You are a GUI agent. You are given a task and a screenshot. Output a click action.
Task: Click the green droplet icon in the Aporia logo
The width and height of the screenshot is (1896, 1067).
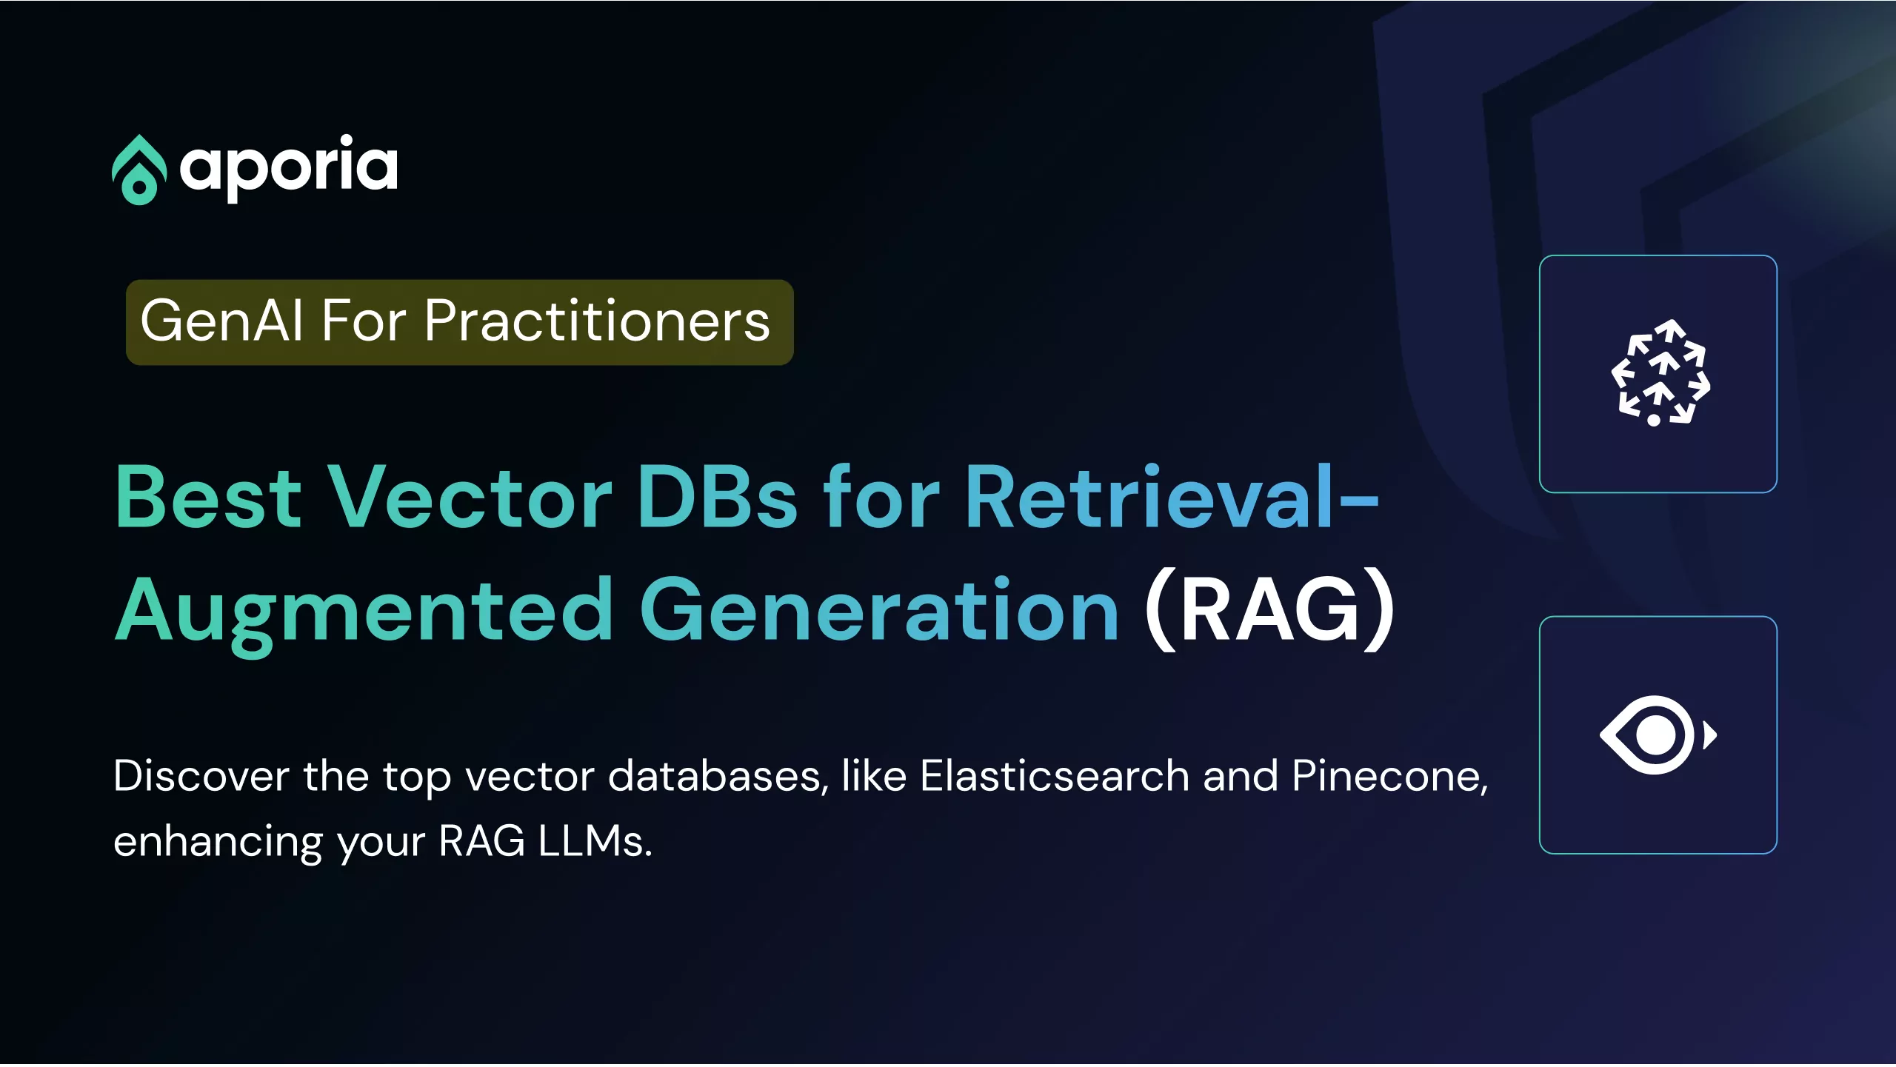point(138,170)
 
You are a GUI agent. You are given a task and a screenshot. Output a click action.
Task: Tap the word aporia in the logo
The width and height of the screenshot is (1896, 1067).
point(289,168)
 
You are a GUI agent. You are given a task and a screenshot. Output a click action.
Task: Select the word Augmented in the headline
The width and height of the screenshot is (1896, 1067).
point(364,613)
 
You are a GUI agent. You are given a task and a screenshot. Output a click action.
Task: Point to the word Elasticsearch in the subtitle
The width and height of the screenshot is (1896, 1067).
point(1055,777)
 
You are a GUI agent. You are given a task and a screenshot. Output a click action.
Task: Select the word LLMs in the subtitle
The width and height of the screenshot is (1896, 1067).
point(595,841)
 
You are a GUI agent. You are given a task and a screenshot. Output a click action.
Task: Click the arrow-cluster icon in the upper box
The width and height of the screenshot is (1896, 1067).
point(1660,372)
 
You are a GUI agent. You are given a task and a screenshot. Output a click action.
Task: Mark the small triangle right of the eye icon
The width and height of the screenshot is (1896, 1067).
point(1709,735)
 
